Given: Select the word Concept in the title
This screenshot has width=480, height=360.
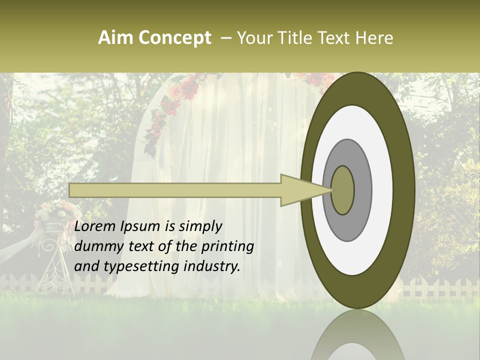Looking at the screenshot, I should [175, 38].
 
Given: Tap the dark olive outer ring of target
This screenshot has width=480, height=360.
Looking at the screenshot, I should [404, 190].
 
